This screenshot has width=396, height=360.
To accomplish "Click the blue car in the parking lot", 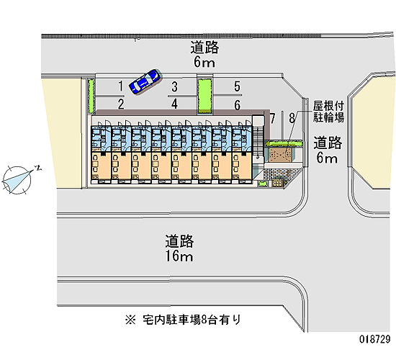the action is click(x=145, y=81).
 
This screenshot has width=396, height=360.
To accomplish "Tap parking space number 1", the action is click(x=121, y=86).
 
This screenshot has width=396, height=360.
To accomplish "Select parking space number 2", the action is click(x=121, y=104).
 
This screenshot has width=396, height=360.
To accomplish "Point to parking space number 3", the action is click(x=174, y=86).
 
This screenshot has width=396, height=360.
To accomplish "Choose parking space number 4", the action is click(x=174, y=104).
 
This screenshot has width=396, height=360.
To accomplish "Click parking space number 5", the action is click(x=237, y=86).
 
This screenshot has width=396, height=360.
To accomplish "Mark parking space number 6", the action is click(x=237, y=105).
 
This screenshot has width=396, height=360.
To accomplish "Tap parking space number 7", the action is click(x=272, y=118).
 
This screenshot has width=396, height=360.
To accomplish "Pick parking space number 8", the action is click(x=292, y=118).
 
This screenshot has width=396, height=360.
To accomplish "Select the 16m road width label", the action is click(x=179, y=256).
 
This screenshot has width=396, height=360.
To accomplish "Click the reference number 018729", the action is click(x=375, y=339).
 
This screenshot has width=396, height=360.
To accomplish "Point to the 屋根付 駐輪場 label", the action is click(x=328, y=111).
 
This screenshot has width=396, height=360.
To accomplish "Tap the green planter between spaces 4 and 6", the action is click(x=204, y=96).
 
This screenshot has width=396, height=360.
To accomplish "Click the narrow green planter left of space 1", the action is click(x=91, y=96).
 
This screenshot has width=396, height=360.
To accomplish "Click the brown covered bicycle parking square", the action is click(x=280, y=154).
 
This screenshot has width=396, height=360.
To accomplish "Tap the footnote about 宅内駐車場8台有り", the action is click(x=183, y=320).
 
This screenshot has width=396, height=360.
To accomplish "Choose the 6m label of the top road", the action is click(x=204, y=62).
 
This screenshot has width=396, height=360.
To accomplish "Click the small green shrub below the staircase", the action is click(x=263, y=184).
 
